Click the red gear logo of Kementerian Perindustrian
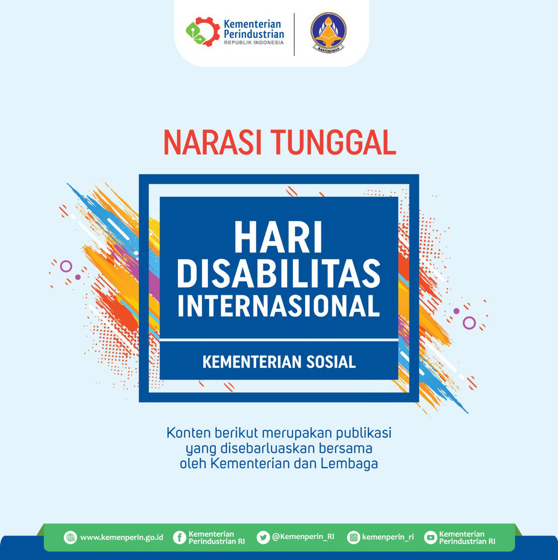203,32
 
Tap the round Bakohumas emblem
328,33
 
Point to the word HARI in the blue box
278,237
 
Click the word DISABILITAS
279,274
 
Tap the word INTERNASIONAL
279,306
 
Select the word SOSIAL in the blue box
331,362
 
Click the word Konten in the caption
188,433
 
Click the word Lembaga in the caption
349,464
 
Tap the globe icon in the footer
70,537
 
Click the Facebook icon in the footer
180,537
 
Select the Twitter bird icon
263,537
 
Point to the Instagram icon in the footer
353,537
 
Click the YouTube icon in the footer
430,537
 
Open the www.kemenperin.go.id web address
122,537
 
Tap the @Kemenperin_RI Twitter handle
303,537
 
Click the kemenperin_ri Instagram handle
388,537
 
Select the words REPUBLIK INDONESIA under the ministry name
254,42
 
